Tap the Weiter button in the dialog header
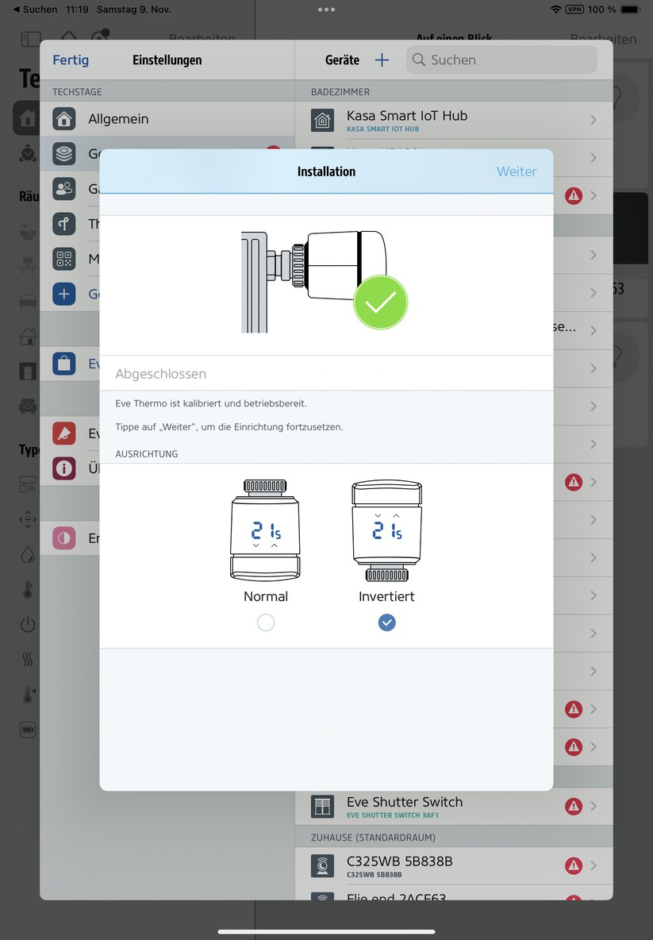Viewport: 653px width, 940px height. pyautogui.click(x=517, y=171)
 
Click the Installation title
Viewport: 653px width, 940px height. pyautogui.click(x=326, y=171)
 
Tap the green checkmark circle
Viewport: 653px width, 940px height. pyautogui.click(x=380, y=302)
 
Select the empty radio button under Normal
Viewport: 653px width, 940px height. pyautogui.click(x=266, y=623)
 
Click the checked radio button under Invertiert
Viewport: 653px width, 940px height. pyautogui.click(x=386, y=623)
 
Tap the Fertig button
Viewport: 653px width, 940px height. pyautogui.click(x=71, y=60)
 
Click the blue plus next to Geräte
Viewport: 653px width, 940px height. pyautogui.click(x=382, y=60)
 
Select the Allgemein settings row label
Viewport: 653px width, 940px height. pyautogui.click(x=118, y=119)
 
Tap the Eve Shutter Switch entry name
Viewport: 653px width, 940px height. pyautogui.click(x=404, y=802)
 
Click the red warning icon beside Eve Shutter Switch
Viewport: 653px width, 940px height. pyautogui.click(x=573, y=807)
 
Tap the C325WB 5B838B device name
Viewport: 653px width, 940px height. pyautogui.click(x=399, y=861)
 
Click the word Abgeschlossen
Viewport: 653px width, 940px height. pyautogui.click(x=161, y=374)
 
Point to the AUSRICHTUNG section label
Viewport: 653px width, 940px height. pyautogui.click(x=147, y=454)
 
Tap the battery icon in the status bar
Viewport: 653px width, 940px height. pyautogui.click(x=629, y=10)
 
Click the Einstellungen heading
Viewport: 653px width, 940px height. pyautogui.click(x=167, y=60)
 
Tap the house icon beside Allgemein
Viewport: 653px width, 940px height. pyautogui.click(x=64, y=119)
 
